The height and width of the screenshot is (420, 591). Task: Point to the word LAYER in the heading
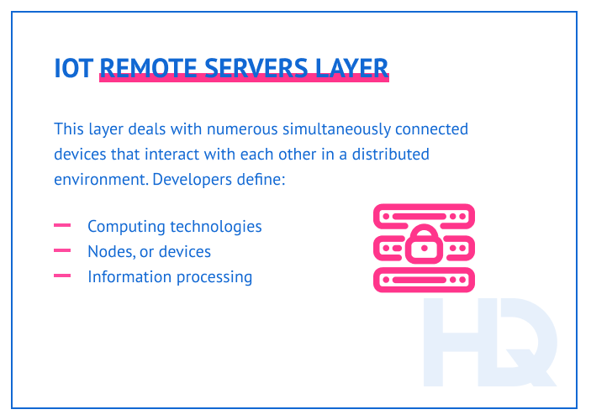point(352,68)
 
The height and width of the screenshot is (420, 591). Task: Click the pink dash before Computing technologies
point(61,226)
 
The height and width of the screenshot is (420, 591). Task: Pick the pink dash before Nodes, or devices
point(61,251)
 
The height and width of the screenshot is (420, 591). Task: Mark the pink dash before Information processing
point(61,276)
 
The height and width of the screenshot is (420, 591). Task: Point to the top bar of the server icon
point(424,215)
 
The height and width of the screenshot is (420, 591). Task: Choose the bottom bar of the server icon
point(424,279)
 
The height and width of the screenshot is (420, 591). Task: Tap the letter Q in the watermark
point(526,344)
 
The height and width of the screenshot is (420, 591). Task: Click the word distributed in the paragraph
point(388,155)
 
